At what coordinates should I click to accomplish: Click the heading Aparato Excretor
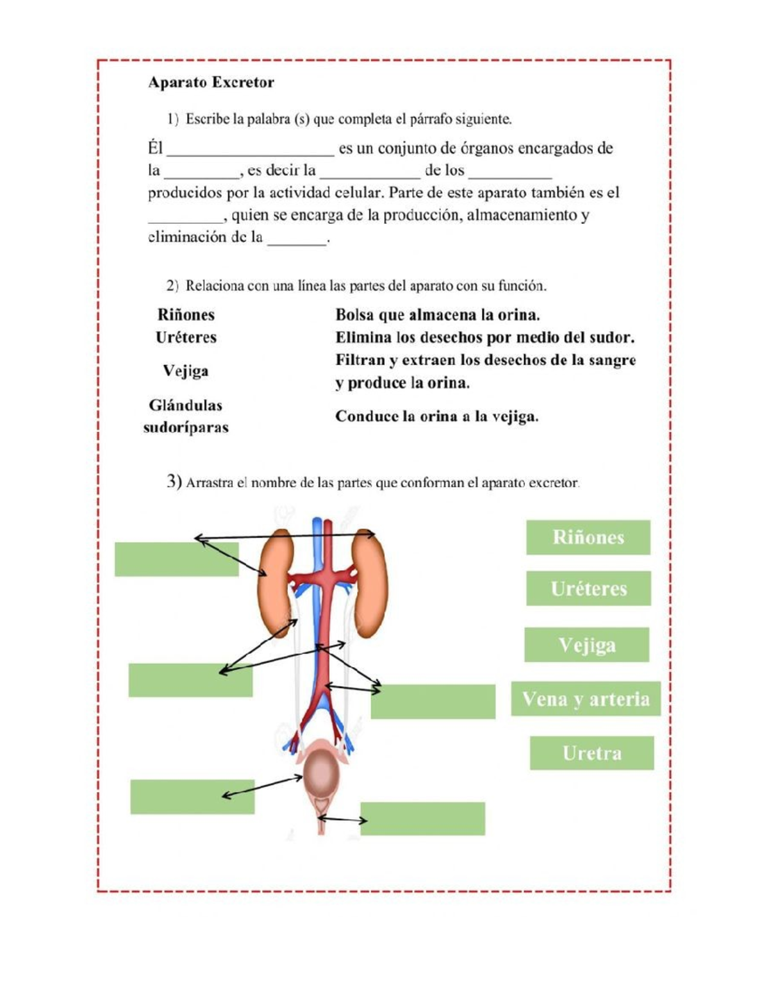point(211,82)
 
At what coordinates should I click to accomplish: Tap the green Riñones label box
point(588,537)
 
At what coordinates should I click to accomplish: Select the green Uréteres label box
point(588,588)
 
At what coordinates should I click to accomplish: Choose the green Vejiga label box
point(586,645)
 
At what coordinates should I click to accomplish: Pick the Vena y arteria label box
point(585,698)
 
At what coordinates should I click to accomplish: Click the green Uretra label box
point(591,753)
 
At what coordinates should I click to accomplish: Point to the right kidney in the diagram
point(370,584)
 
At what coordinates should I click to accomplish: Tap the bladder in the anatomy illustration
point(324,775)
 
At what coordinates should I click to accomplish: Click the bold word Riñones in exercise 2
point(186,315)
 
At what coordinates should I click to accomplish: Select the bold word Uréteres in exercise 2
point(186,337)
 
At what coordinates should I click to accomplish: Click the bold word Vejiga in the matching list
point(185,371)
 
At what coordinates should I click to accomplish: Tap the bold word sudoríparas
point(186,427)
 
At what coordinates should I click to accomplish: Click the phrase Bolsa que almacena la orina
point(437,315)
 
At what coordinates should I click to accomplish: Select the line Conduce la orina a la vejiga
point(436,416)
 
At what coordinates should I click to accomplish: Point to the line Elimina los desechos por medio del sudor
point(484,337)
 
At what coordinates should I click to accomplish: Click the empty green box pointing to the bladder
point(192,797)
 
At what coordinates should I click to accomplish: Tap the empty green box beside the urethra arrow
point(422,818)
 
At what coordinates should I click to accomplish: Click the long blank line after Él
point(250,151)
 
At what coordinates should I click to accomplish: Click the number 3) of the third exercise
point(174,481)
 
